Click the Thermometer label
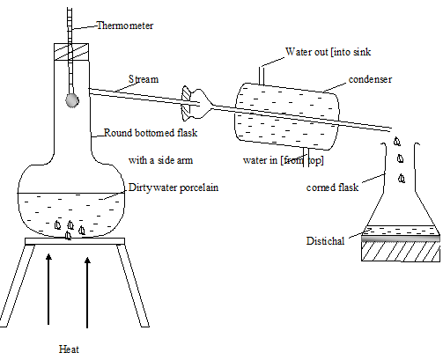[x=125, y=26]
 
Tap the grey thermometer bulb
[x=72, y=100]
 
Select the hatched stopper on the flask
[x=71, y=52]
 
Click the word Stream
[x=144, y=79]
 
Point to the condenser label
[x=370, y=79]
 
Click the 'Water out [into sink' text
[x=328, y=52]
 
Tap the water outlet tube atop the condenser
[x=262, y=77]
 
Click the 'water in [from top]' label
[x=284, y=160]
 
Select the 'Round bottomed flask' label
[x=151, y=133]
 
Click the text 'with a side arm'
[x=160, y=160]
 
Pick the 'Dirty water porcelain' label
[x=174, y=187]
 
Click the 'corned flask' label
[x=332, y=187]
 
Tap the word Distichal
[x=325, y=241]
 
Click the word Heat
[x=69, y=349]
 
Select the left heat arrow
[x=48, y=290]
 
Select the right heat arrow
[x=87, y=292]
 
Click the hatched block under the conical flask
[x=401, y=252]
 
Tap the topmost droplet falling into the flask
[x=397, y=142]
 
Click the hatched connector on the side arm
[x=186, y=103]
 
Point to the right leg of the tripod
[x=133, y=285]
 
